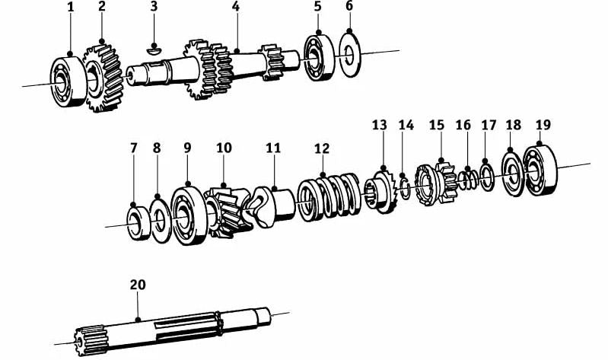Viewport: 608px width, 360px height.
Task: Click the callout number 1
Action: pos(70,7)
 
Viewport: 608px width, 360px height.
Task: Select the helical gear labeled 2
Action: pos(103,78)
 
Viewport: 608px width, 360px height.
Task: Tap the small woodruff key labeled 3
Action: pos(154,49)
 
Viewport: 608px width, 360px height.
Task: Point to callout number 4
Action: pos(236,6)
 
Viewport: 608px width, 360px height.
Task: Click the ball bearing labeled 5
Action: pos(319,58)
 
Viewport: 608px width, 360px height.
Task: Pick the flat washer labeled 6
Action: pos(350,55)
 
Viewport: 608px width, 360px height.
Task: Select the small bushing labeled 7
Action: pos(138,224)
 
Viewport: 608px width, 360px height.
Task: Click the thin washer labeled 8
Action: pos(161,221)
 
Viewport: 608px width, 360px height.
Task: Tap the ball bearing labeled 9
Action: pos(189,215)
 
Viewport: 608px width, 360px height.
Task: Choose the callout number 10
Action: pos(224,148)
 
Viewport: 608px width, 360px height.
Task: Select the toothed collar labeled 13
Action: pos(380,191)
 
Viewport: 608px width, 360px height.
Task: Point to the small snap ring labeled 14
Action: pos(405,188)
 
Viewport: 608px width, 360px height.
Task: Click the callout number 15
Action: pos(436,125)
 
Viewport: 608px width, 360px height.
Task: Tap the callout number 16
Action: pos(463,125)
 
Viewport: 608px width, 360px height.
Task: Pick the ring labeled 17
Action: pos(487,177)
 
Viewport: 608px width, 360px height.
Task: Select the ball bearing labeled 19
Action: pos(540,170)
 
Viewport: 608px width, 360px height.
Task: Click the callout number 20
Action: pos(138,285)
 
